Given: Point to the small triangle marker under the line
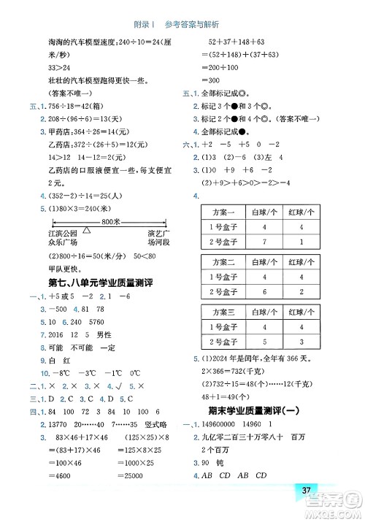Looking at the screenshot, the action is tap(87, 230).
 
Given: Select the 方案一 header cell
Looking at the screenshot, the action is tap(223, 212).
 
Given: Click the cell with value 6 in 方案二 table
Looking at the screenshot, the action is tap(261, 291).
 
